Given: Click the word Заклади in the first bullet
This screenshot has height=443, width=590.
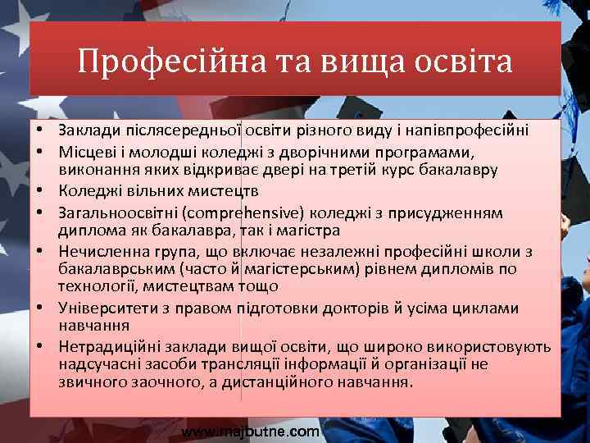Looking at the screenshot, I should click(84, 130).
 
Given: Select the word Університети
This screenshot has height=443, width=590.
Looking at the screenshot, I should click(99, 308).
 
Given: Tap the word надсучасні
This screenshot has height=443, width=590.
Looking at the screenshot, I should click(95, 364).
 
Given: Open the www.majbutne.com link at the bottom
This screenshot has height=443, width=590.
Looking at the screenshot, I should click(250, 431).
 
